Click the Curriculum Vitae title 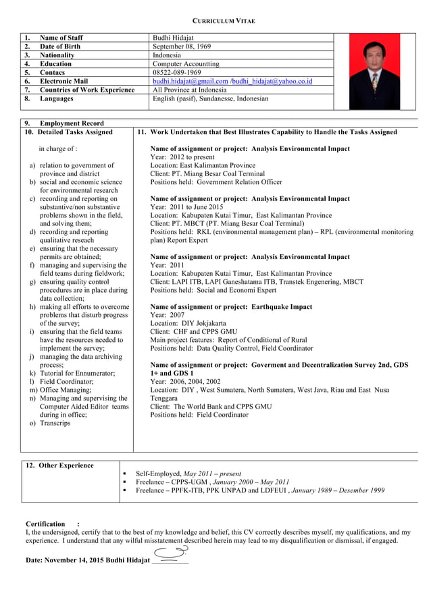pos(215,21)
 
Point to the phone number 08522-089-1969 pos(176,72)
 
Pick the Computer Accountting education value pos(185,64)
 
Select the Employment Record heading pos(72,123)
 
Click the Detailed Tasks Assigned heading pos(76,132)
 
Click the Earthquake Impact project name pos(231,307)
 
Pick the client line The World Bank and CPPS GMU pos(211,407)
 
